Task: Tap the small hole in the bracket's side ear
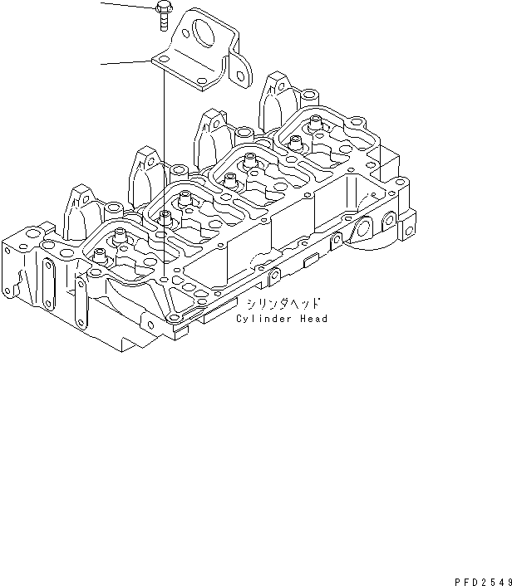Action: coord(242,76)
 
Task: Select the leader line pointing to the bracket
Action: coord(125,61)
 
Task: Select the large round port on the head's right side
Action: coord(362,228)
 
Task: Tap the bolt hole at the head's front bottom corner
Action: coord(172,318)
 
